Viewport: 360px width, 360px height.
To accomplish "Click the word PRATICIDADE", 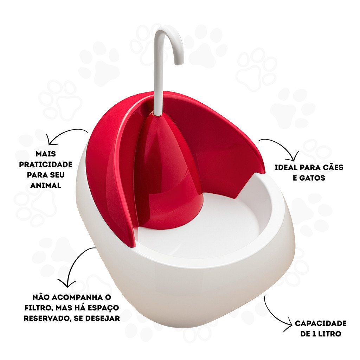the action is (46, 165).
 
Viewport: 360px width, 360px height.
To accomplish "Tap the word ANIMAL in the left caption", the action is (46, 185).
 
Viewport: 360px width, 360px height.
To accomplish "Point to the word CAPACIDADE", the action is (321, 323).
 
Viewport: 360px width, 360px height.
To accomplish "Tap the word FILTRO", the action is (39, 308).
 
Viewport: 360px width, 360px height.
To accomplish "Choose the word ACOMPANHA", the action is (77, 297).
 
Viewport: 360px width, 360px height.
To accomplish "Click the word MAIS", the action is (46, 154).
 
